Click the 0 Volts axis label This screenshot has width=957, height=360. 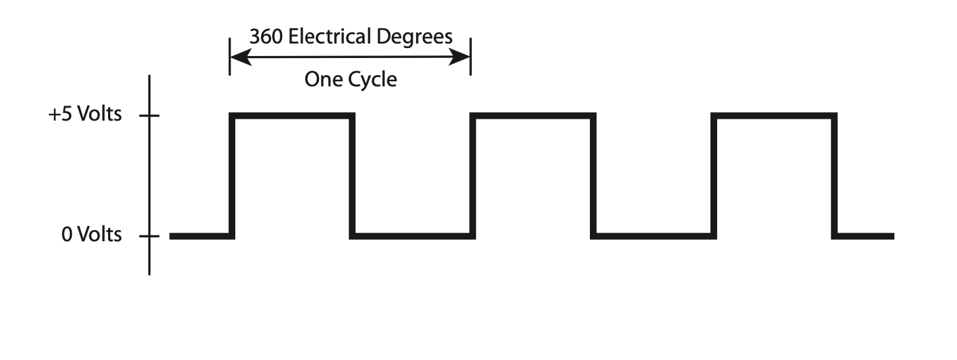pyautogui.click(x=92, y=235)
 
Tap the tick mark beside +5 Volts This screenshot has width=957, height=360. pyautogui.click(x=150, y=116)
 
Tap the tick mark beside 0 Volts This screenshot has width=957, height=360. pyautogui.click(x=150, y=236)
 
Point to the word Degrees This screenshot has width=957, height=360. pyautogui.click(x=415, y=38)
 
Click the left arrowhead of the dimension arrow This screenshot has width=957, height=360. pyautogui.click(x=239, y=59)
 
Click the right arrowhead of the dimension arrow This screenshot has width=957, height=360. pyautogui.click(x=461, y=59)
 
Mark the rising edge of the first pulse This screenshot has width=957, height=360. pyautogui.click(x=232, y=175)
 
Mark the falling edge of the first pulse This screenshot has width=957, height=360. pyautogui.click(x=353, y=175)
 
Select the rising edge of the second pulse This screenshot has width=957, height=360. pyautogui.click(x=473, y=175)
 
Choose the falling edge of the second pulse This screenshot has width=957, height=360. pyautogui.click(x=593, y=175)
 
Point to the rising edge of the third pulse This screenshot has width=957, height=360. pyautogui.click(x=714, y=175)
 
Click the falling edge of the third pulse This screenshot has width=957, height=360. pyautogui.click(x=834, y=175)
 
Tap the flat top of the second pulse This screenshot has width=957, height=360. pyautogui.click(x=533, y=116)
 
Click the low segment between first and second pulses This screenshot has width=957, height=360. pyautogui.click(x=413, y=236)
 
